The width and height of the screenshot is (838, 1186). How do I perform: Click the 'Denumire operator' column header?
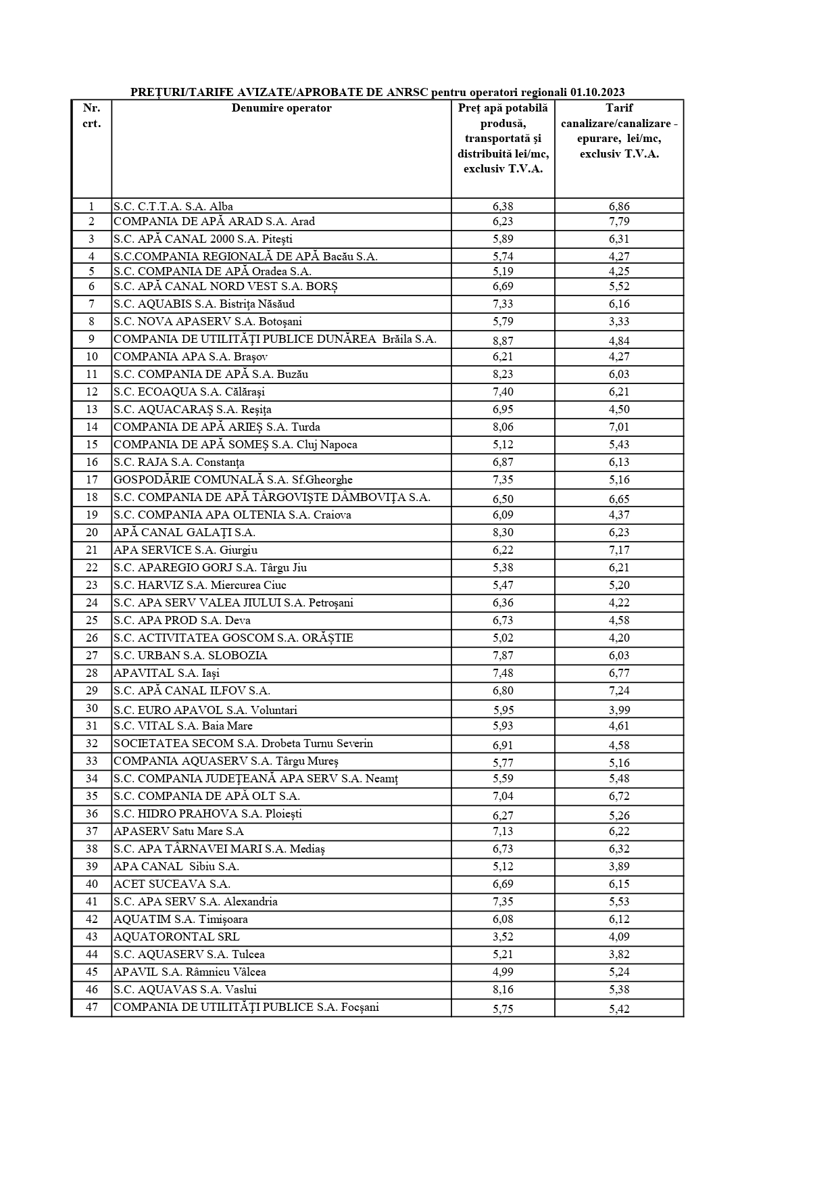point(281,108)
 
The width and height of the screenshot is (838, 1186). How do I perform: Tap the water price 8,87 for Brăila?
point(503,340)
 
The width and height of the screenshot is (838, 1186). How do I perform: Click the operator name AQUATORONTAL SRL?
point(176,936)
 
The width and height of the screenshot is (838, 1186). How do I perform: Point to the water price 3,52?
point(503,937)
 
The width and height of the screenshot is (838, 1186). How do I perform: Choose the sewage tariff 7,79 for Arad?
point(619,222)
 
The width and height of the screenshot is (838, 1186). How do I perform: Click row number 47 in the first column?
point(92,1007)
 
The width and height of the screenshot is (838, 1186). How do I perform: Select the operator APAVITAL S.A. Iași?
point(166,673)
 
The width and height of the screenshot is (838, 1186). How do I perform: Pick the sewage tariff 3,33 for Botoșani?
point(619,322)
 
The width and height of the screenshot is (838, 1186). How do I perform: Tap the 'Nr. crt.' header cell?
point(92,116)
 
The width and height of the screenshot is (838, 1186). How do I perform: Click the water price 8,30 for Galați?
point(503,533)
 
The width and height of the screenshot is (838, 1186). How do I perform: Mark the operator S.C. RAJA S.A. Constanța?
point(179,462)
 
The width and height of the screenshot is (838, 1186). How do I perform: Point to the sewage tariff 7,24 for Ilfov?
point(619,691)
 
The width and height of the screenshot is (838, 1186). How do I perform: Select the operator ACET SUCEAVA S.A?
point(172,884)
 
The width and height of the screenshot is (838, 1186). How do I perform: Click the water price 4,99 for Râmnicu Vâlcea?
point(503,972)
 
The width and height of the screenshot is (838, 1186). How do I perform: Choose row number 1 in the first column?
point(92,207)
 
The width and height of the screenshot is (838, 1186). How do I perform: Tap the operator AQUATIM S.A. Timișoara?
point(180,919)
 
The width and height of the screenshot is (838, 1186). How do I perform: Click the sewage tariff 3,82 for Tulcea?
point(619,955)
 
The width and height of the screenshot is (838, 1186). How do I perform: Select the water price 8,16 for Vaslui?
point(503,990)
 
